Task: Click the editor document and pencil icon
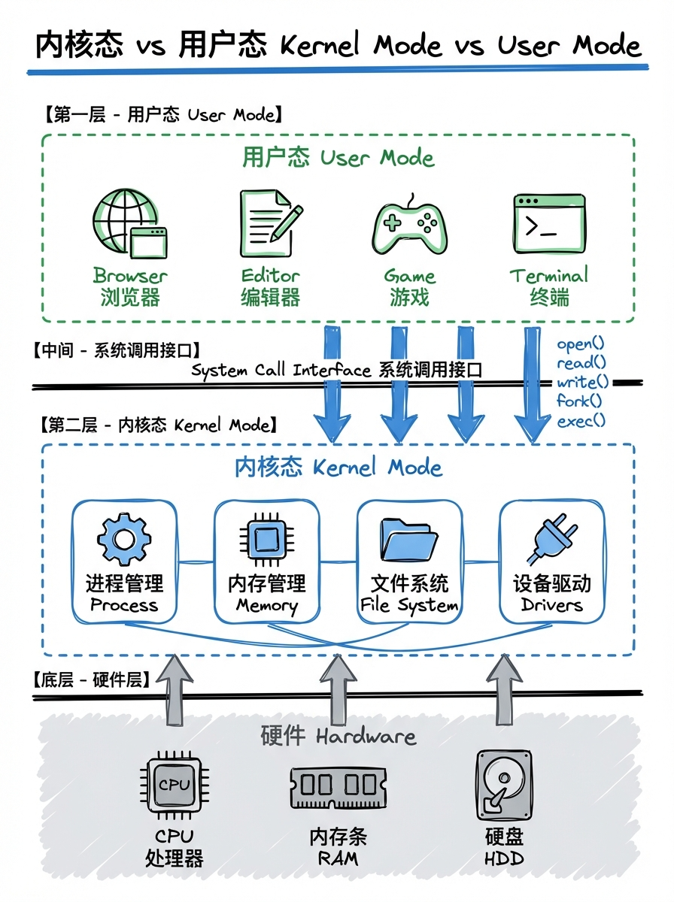[270, 222]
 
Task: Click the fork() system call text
[579, 401]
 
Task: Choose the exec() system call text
[581, 421]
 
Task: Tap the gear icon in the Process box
[124, 539]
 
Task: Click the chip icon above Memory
[266, 539]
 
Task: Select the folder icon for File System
[409, 540]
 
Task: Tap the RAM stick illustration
[338, 786]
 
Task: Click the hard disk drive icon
[504, 785]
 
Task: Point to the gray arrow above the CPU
[174, 689]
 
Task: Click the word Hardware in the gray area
[366, 736]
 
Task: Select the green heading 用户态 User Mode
[338, 158]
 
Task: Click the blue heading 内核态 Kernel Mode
[338, 468]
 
